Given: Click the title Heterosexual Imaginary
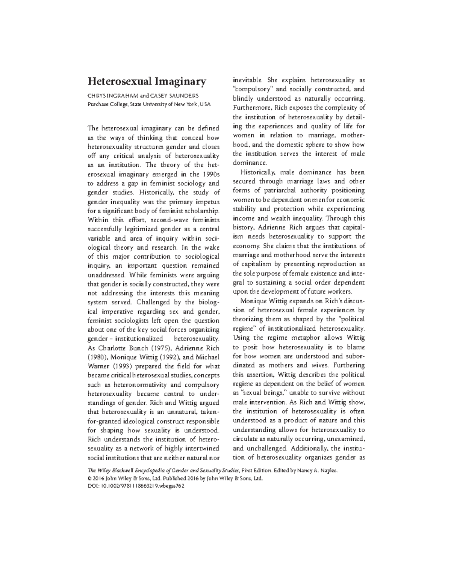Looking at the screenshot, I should coord(147,81).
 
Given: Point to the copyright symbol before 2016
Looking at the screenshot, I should coord(89,478).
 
